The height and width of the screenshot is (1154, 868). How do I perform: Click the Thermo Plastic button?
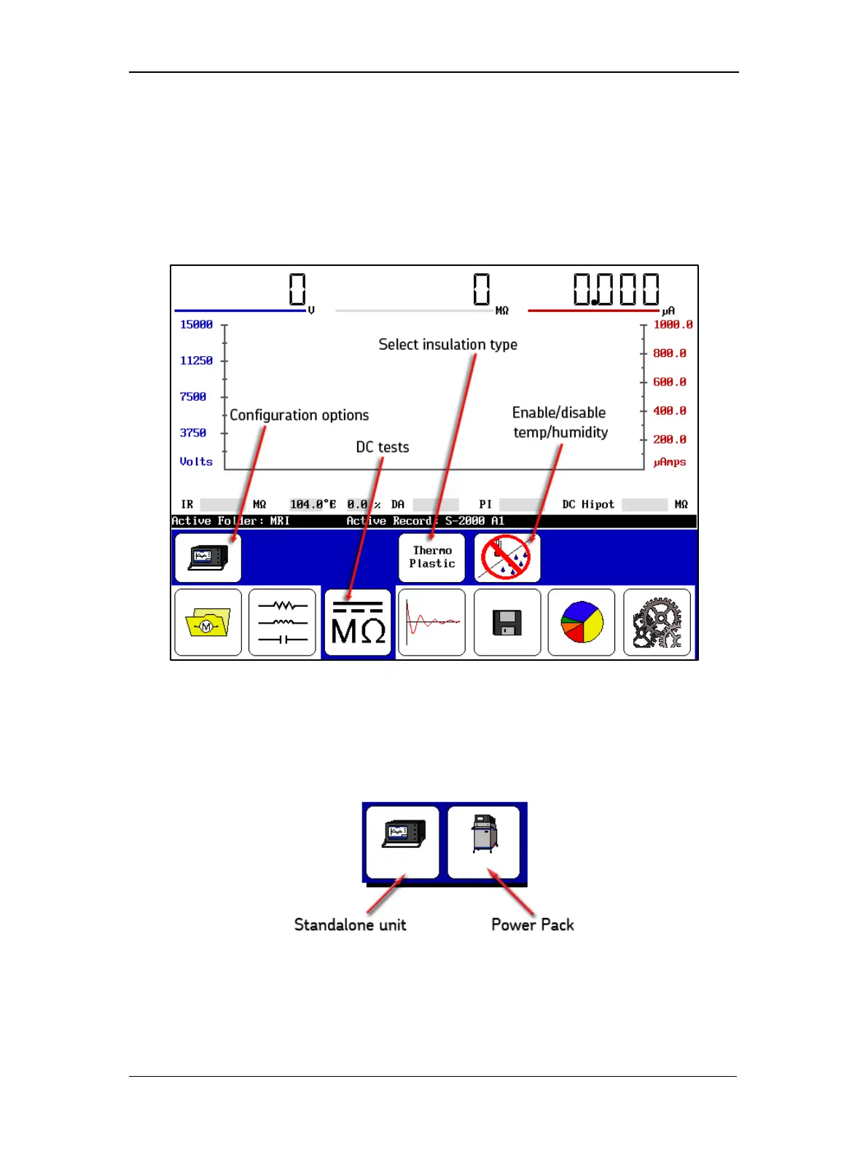click(431, 557)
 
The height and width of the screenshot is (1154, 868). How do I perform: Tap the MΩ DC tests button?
click(358, 623)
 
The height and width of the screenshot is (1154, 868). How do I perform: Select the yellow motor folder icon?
click(208, 623)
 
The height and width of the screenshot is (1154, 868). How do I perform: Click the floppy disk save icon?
click(507, 623)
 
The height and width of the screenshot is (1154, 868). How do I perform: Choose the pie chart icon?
click(582, 623)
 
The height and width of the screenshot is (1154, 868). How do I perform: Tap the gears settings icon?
click(657, 623)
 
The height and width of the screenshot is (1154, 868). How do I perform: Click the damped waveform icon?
click(431, 623)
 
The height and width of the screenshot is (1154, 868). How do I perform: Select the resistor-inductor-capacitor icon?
click(283, 623)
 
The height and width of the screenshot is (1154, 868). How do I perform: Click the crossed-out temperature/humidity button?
click(507, 557)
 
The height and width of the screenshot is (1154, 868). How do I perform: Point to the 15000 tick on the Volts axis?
click(196, 325)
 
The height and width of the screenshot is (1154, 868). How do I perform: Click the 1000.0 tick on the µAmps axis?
click(672, 325)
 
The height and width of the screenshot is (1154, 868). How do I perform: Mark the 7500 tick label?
click(193, 397)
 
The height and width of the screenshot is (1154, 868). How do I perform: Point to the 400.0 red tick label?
click(669, 411)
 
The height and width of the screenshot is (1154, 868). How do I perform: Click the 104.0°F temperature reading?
click(313, 504)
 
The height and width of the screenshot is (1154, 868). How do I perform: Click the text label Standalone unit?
click(350, 925)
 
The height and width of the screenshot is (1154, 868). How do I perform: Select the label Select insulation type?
click(447, 345)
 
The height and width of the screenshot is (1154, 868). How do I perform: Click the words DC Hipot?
click(587, 504)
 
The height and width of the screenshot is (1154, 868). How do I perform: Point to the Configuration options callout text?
click(299, 415)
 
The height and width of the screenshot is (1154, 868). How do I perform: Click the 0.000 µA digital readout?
click(616, 289)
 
